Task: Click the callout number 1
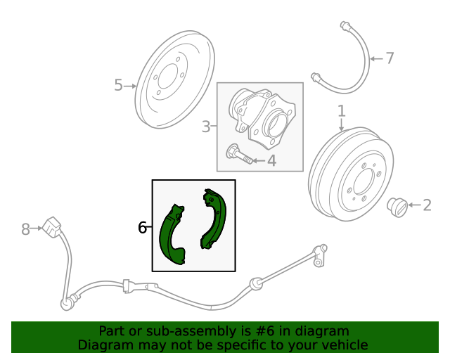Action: [342, 110]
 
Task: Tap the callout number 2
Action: [427, 205]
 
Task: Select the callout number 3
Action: [206, 127]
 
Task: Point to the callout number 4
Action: [271, 161]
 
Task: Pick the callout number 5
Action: [118, 85]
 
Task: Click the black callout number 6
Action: [142, 227]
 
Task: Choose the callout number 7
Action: [390, 58]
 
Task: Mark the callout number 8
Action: [26, 229]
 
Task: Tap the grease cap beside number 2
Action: [399, 207]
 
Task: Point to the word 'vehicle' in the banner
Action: [343, 345]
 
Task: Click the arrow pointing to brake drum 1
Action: [342, 125]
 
